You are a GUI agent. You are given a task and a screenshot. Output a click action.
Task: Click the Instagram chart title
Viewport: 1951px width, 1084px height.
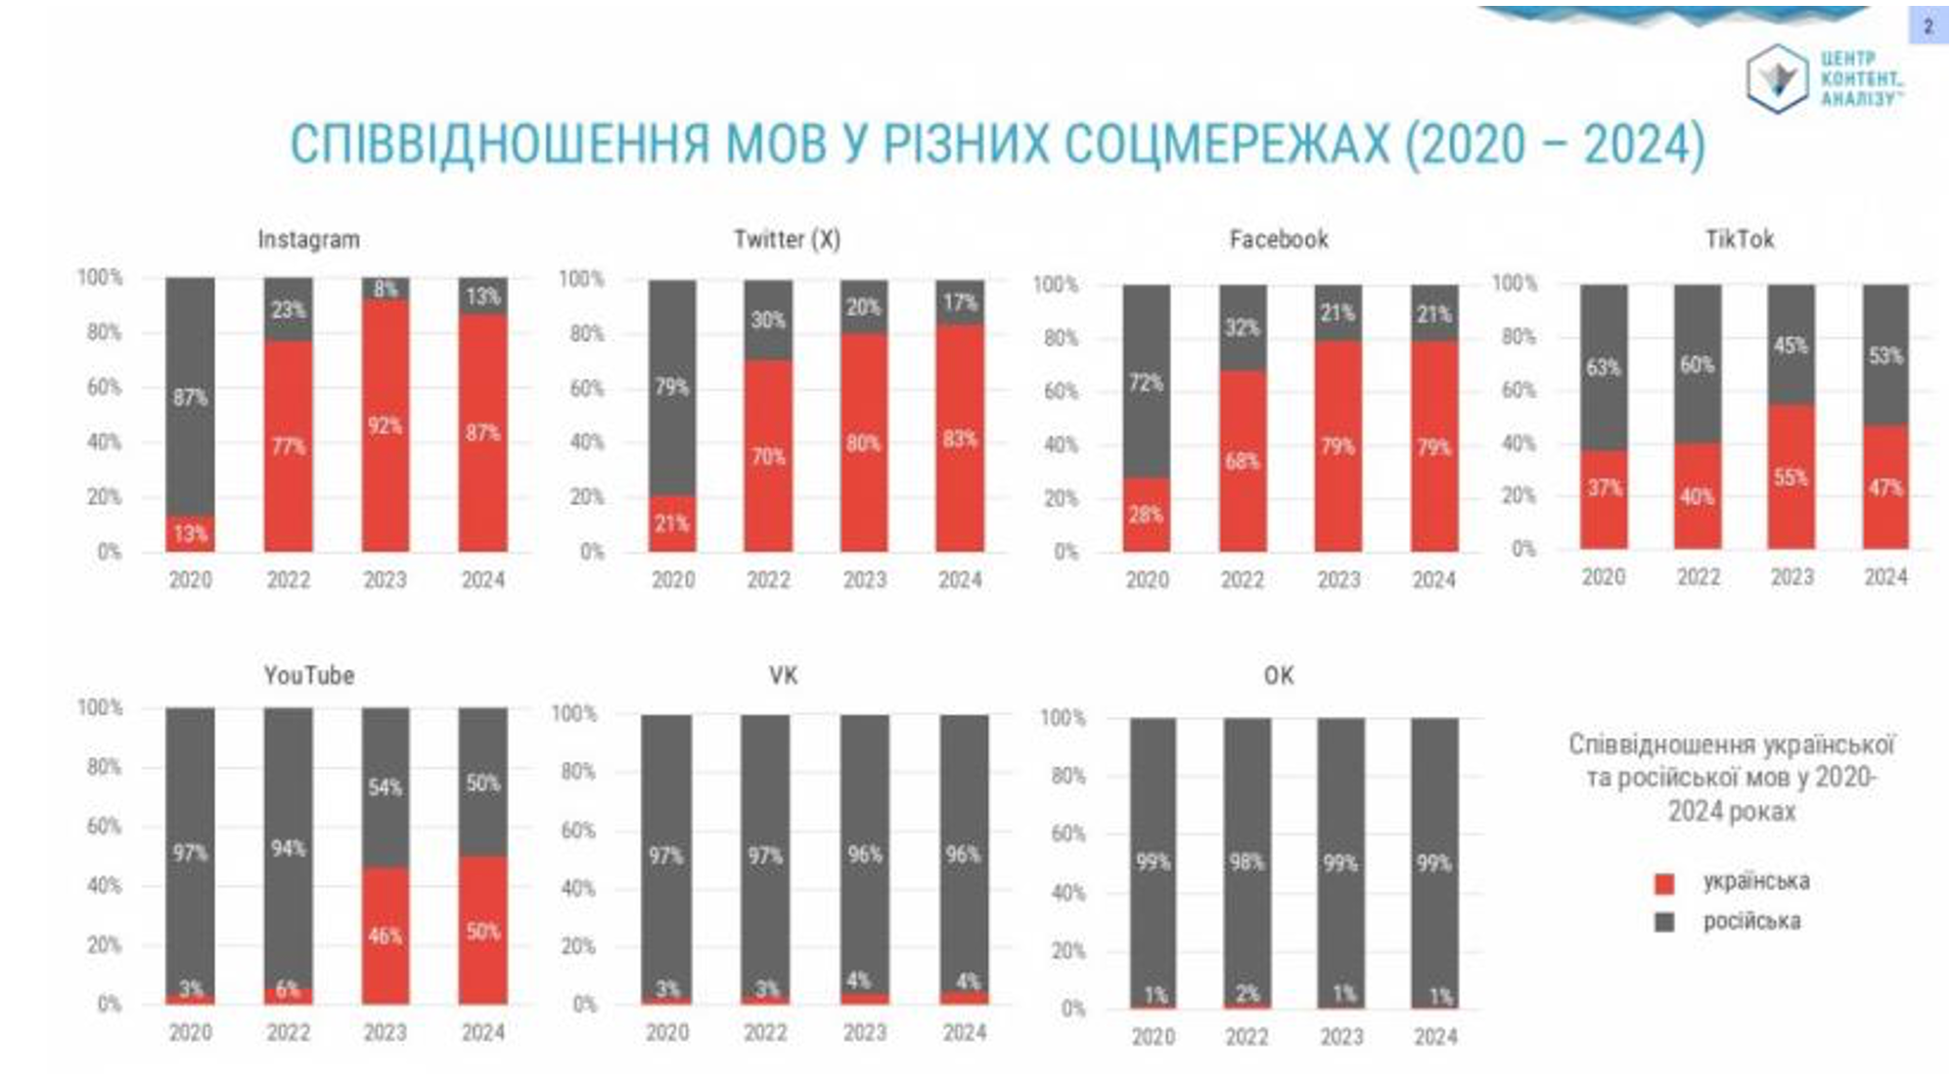(308, 240)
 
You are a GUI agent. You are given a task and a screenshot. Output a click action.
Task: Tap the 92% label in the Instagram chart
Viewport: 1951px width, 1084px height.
(385, 427)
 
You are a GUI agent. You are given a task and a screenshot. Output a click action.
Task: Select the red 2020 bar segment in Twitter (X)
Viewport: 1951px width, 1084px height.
(672, 523)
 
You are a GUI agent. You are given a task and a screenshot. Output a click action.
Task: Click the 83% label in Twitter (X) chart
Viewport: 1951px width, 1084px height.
(960, 439)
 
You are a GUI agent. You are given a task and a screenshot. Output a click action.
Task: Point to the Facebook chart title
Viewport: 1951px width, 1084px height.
(1279, 240)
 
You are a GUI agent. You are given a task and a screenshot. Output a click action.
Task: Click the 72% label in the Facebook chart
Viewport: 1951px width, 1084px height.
(1146, 383)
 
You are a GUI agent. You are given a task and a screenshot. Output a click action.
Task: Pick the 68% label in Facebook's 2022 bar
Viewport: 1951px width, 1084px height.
(1242, 461)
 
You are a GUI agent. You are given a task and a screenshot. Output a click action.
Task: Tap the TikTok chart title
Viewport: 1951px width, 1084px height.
(1739, 240)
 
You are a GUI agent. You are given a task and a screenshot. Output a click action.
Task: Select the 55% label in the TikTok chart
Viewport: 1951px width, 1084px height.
(1791, 477)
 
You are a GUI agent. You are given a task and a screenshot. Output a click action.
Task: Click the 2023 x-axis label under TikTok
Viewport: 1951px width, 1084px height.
(1792, 577)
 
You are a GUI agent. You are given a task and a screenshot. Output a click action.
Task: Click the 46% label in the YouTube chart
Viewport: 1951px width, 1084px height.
(385, 936)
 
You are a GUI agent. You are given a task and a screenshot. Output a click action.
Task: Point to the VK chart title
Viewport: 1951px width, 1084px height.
(783, 675)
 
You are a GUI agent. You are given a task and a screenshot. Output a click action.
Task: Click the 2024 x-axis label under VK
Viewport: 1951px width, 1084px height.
(964, 1032)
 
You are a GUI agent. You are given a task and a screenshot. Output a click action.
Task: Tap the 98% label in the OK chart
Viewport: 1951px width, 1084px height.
(1247, 863)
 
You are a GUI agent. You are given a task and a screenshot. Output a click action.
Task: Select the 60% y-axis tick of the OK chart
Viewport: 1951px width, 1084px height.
(1067, 835)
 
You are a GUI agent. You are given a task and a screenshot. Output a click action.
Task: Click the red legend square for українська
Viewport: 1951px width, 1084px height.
(1663, 883)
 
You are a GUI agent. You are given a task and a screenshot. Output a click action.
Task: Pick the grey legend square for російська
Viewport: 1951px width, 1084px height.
(1663, 922)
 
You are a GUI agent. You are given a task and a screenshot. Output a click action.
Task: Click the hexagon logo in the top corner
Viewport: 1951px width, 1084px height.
(1776, 78)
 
